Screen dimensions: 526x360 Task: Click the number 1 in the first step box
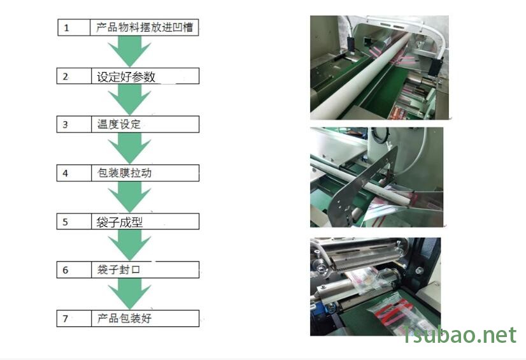(66, 28)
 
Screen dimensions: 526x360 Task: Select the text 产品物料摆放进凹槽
(145, 27)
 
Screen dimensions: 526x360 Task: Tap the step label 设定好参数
(126, 77)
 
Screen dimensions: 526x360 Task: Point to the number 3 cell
(74, 124)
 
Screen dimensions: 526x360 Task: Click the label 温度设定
(118, 124)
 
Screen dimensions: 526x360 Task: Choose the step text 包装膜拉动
(124, 173)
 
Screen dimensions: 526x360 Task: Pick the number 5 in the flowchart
(65, 222)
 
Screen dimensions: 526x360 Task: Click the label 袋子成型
(120, 222)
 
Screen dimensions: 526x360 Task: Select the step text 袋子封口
(118, 270)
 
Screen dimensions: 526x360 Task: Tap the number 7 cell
(74, 319)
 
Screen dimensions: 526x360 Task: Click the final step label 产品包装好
(124, 318)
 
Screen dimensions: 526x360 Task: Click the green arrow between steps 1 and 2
(129, 51)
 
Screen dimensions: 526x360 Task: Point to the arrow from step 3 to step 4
(129, 148)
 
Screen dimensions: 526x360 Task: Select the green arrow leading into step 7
(129, 294)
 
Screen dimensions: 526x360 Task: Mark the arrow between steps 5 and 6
(129, 245)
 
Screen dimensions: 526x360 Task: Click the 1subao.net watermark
(459, 335)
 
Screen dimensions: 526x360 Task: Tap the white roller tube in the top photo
(360, 77)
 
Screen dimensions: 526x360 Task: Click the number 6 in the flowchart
(65, 270)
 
